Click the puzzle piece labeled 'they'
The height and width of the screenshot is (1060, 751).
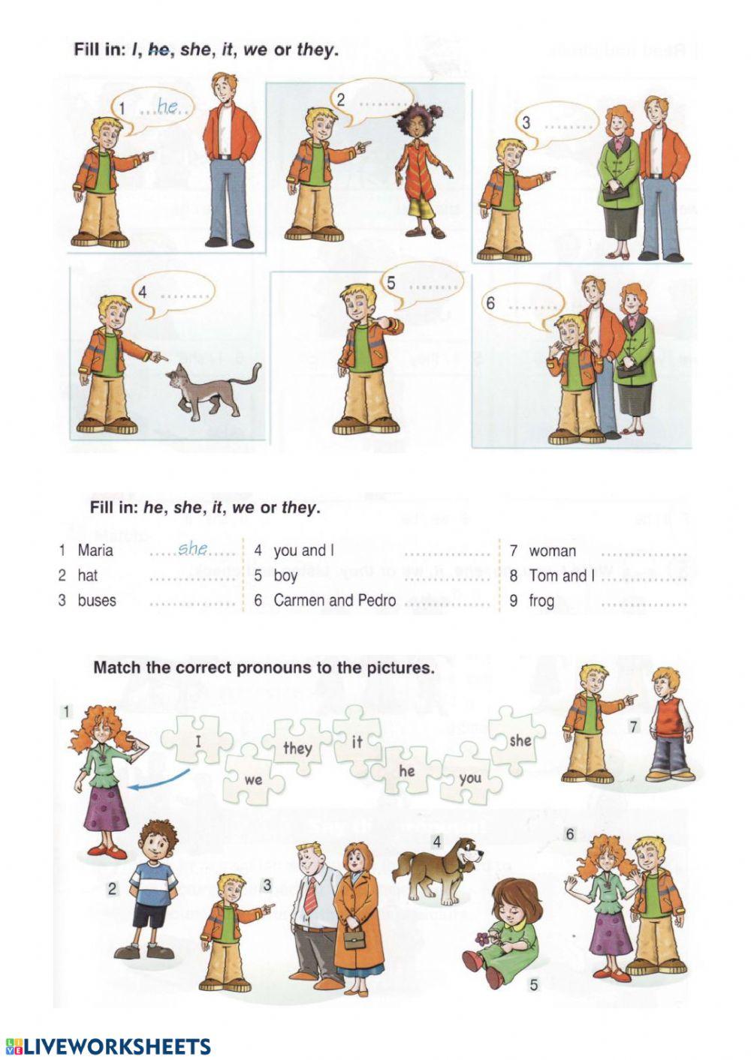click(297, 748)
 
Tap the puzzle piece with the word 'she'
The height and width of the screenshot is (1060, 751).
click(519, 740)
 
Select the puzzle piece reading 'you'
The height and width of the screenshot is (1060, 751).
click(470, 778)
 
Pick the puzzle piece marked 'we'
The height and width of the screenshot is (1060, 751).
click(254, 779)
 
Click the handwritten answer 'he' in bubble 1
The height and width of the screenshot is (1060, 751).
click(167, 107)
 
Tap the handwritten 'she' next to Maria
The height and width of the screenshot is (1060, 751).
click(193, 549)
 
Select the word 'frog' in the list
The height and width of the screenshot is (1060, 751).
click(541, 600)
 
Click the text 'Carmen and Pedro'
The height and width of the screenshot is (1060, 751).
click(334, 600)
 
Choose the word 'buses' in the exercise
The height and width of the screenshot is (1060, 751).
click(97, 600)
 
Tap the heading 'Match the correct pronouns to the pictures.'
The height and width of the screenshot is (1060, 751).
click(264, 668)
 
